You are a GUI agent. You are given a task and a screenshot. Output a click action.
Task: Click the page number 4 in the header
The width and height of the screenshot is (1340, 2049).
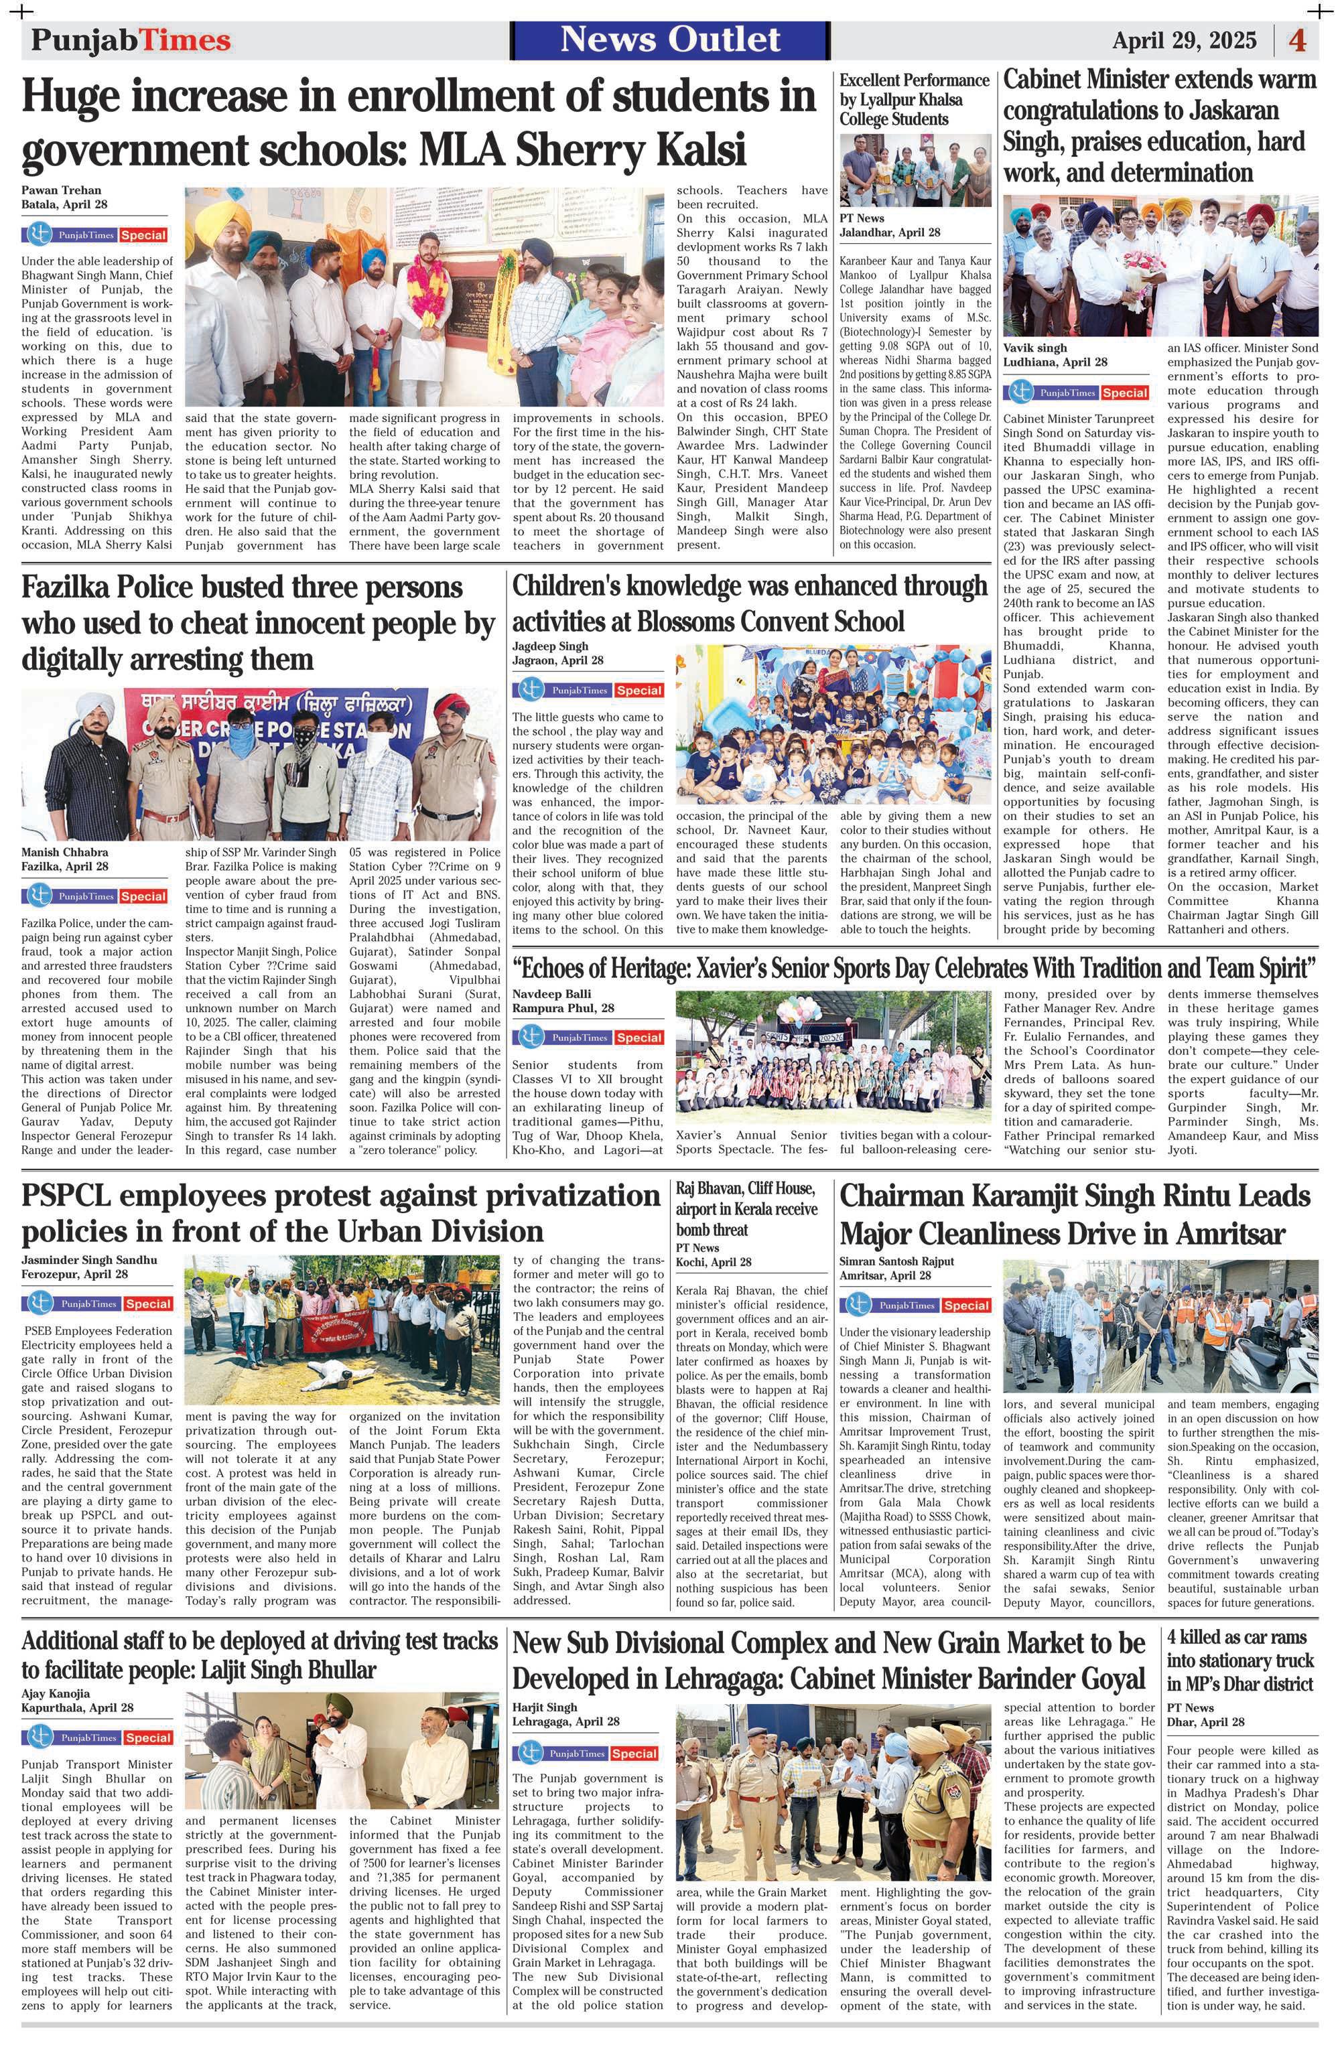[x=1297, y=40]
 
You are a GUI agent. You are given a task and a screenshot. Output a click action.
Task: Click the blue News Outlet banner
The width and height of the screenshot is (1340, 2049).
[x=670, y=40]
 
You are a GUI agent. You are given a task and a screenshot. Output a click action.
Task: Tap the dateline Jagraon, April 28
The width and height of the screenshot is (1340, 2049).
[x=557, y=660]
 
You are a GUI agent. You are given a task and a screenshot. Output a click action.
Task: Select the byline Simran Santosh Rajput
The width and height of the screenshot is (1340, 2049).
[x=896, y=1261]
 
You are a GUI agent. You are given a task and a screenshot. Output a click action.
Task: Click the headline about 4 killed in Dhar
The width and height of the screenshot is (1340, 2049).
[x=1241, y=1660]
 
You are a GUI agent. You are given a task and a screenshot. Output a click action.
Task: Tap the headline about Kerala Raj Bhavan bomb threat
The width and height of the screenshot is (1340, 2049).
[x=746, y=1209]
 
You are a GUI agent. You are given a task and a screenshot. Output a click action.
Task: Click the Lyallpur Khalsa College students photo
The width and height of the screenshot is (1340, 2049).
[x=914, y=169]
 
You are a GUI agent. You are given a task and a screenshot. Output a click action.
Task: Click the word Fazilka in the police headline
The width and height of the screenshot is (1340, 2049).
[x=76, y=589]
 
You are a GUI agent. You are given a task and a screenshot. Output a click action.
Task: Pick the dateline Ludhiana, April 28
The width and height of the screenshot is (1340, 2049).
[x=1055, y=362]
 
